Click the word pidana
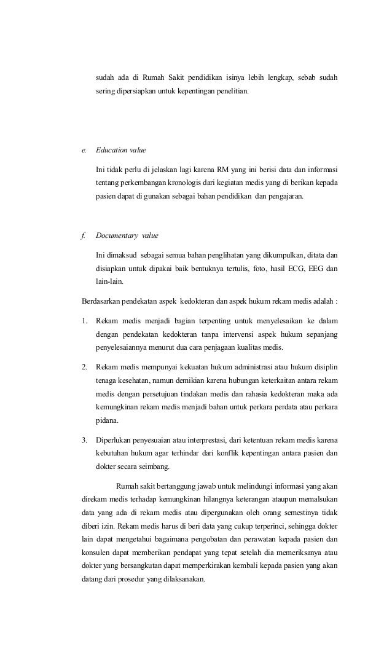coord(107,421)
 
